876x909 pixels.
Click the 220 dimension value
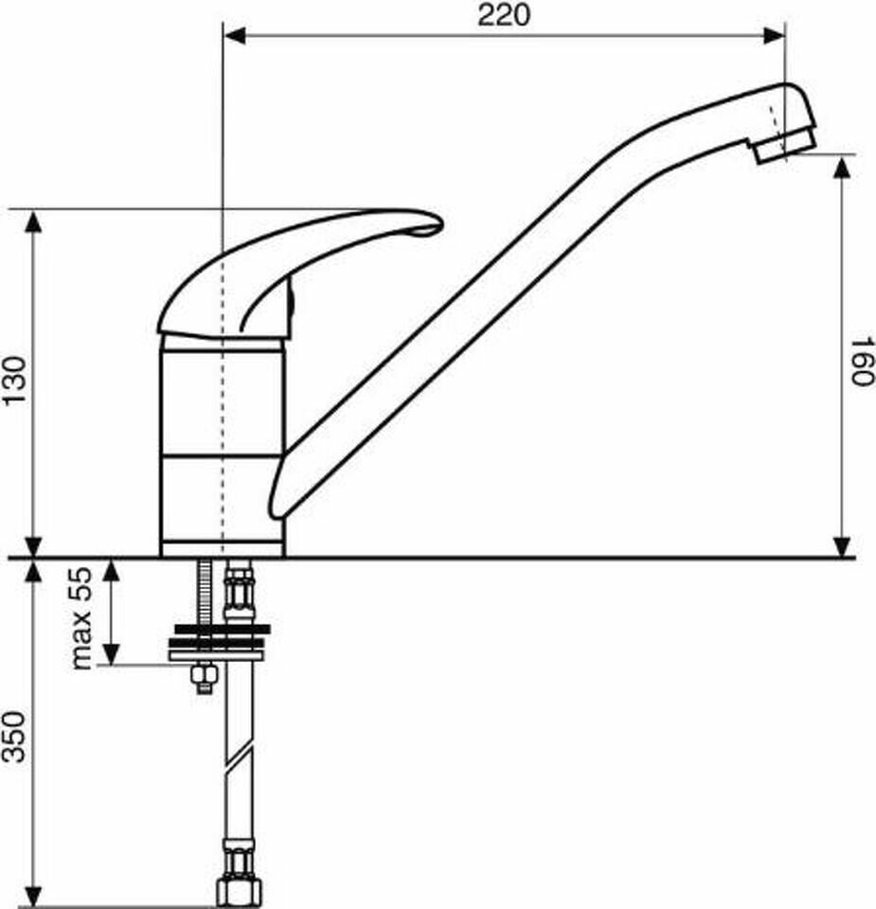(504, 15)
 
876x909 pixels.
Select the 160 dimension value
(858, 362)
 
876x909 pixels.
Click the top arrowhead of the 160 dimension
(841, 167)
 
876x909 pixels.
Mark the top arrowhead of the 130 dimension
(33, 222)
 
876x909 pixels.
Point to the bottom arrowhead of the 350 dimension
(33, 894)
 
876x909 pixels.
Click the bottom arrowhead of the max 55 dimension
(112, 652)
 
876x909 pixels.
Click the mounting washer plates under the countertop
(219, 641)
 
